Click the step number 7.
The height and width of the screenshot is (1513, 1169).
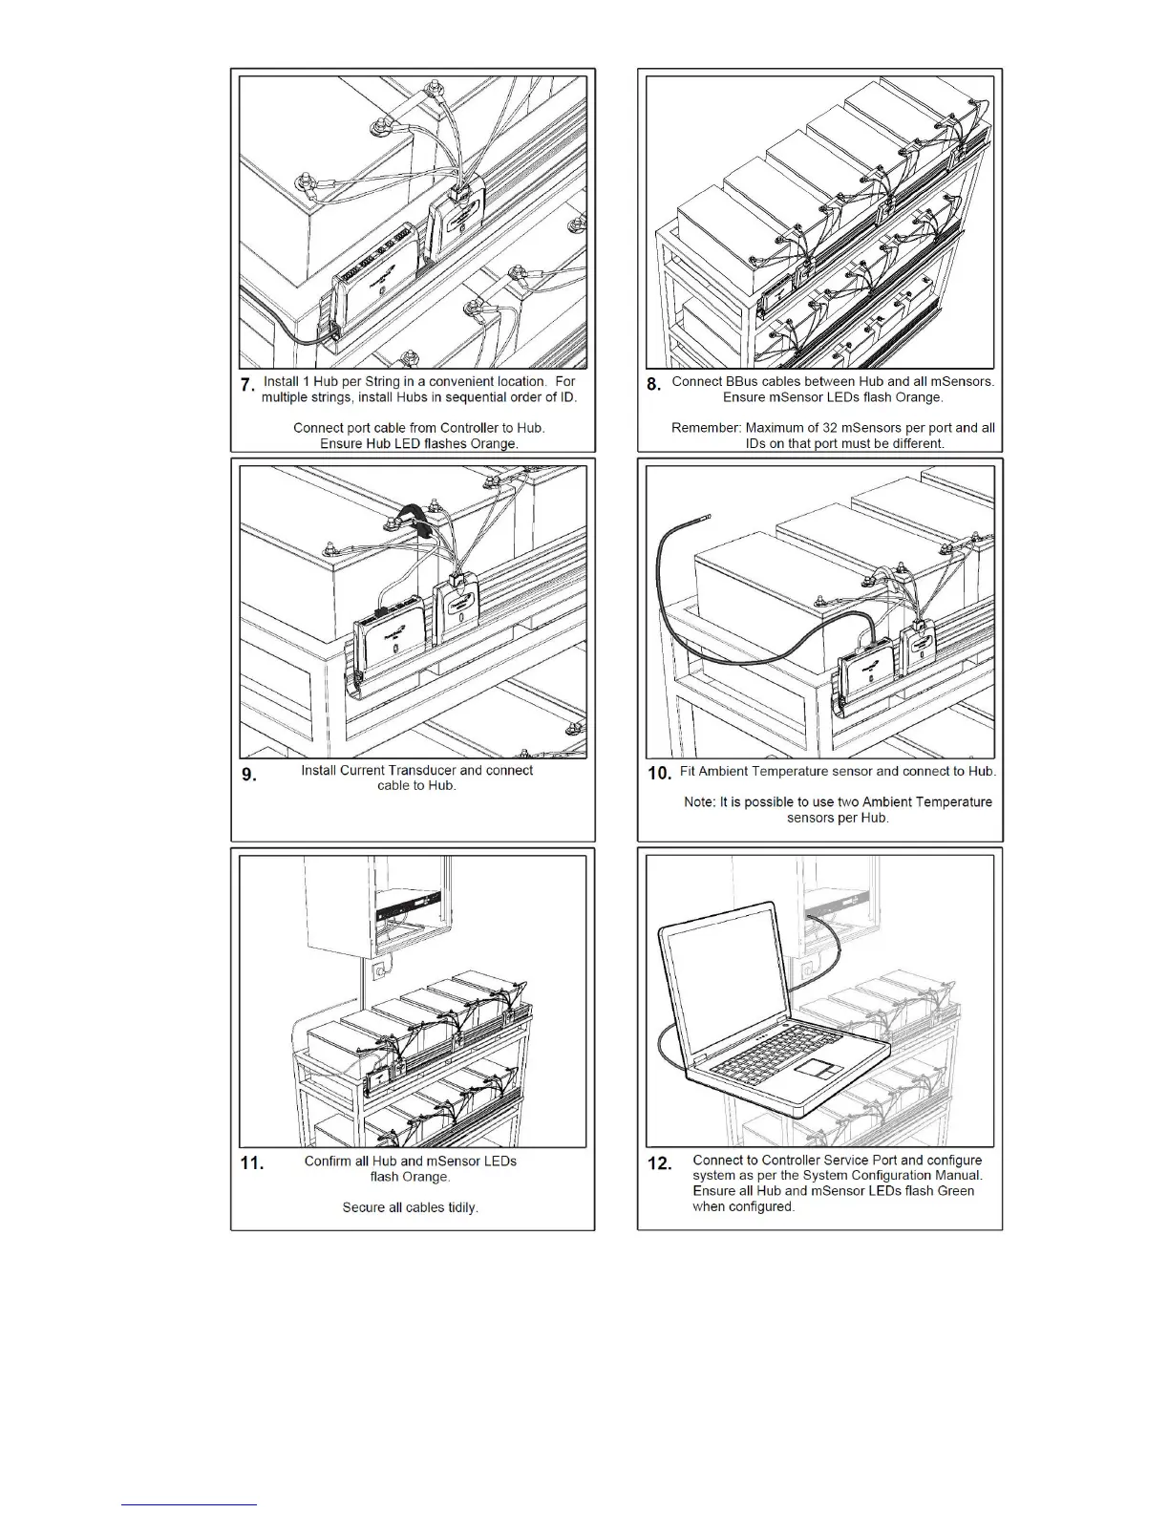click(247, 385)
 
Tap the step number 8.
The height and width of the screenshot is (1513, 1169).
click(654, 385)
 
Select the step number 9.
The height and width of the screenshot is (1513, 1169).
click(248, 775)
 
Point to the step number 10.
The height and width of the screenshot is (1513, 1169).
click(659, 774)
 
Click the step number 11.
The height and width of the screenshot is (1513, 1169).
click(251, 1163)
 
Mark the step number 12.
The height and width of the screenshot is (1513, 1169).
click(660, 1163)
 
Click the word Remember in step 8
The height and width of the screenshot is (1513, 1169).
click(705, 428)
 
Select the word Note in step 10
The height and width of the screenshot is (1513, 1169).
click(698, 802)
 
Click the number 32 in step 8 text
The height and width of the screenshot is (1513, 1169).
click(831, 428)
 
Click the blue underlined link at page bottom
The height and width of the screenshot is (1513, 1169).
click(190, 1504)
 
